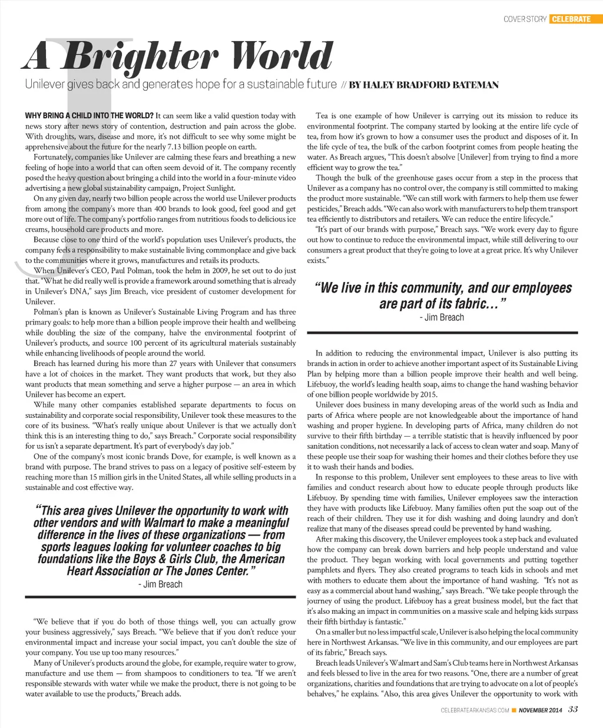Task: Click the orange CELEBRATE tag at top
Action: pyautogui.click(x=571, y=19)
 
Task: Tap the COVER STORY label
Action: pyautogui.click(x=525, y=19)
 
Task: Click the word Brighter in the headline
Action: pyautogui.click(x=141, y=58)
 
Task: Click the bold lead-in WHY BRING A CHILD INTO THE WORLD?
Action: pyautogui.click(x=89, y=116)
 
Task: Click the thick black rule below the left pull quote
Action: pyautogui.click(x=160, y=597)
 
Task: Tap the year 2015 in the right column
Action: pyautogui.click(x=429, y=394)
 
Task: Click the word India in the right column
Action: pyautogui.click(x=554, y=405)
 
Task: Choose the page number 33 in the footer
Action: pyautogui.click(x=573, y=710)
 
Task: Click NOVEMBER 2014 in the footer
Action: pyautogui.click(x=540, y=710)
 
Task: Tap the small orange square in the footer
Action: pyautogui.click(x=514, y=710)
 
